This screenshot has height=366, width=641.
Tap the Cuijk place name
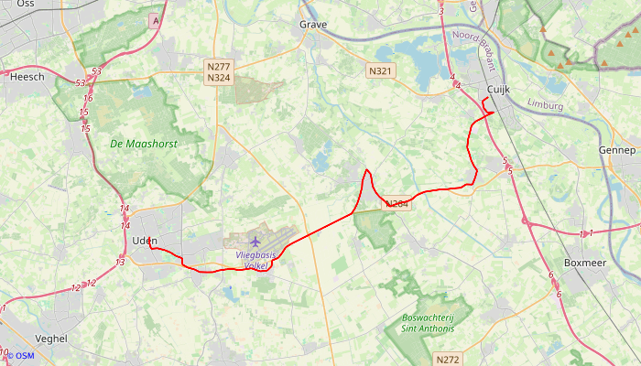tap(498, 89)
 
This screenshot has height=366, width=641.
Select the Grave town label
tap(313, 25)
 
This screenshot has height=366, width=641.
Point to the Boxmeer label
tap(586, 263)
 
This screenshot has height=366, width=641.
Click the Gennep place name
tap(616, 149)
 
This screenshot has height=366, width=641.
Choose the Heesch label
tap(27, 78)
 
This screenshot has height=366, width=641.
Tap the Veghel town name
tap(50, 338)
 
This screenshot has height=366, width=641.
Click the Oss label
tap(26, 4)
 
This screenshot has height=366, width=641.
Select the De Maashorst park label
tap(143, 144)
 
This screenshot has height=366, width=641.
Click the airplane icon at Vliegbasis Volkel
tap(255, 242)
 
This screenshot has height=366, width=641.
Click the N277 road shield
tap(218, 67)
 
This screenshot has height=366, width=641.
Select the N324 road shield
tap(218, 79)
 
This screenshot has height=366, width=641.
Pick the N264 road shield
tap(397, 203)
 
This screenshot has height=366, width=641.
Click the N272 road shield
tap(448, 360)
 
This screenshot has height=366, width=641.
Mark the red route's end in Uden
tap(149, 243)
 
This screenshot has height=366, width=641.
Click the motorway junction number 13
tap(120, 263)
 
